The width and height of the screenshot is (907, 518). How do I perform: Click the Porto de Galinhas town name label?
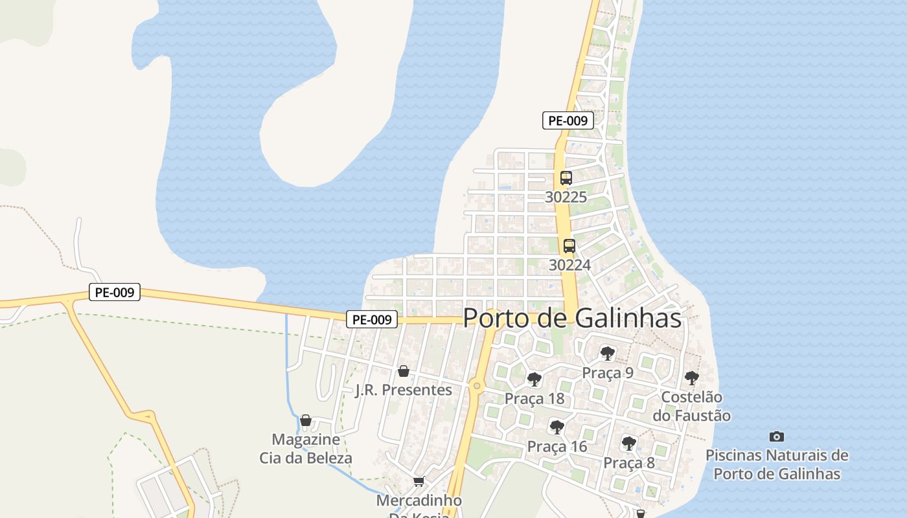[x=572, y=318]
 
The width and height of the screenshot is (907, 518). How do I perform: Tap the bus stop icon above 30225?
[x=566, y=178]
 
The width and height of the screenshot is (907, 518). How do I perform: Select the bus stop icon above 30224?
[x=569, y=246]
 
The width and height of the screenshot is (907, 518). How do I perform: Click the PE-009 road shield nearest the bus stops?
[x=568, y=120]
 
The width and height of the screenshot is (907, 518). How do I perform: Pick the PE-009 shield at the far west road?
[x=114, y=292]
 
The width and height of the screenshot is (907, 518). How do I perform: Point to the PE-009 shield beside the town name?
[x=372, y=319]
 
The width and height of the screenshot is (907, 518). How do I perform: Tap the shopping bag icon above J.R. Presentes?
[x=404, y=371]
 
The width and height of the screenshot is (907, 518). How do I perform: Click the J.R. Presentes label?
[x=404, y=390]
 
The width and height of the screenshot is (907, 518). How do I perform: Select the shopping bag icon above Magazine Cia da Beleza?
[x=306, y=420]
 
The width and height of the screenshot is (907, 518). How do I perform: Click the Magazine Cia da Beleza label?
[x=306, y=449]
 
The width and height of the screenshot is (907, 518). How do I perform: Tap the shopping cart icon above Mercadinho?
[x=419, y=481]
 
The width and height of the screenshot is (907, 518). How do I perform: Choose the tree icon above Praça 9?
[x=607, y=354]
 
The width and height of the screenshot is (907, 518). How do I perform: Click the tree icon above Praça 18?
[x=534, y=379]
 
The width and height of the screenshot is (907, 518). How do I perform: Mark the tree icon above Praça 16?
[x=557, y=427]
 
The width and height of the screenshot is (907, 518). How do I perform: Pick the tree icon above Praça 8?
[x=628, y=444]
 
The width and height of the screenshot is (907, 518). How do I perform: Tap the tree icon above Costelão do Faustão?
[x=692, y=378]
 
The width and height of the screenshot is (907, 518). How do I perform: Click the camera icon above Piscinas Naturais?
[x=777, y=436]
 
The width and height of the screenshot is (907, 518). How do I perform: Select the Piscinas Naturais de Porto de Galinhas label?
[x=777, y=464]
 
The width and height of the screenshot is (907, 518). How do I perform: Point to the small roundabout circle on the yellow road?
[x=477, y=387]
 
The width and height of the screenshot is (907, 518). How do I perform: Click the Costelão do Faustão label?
[x=691, y=406]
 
